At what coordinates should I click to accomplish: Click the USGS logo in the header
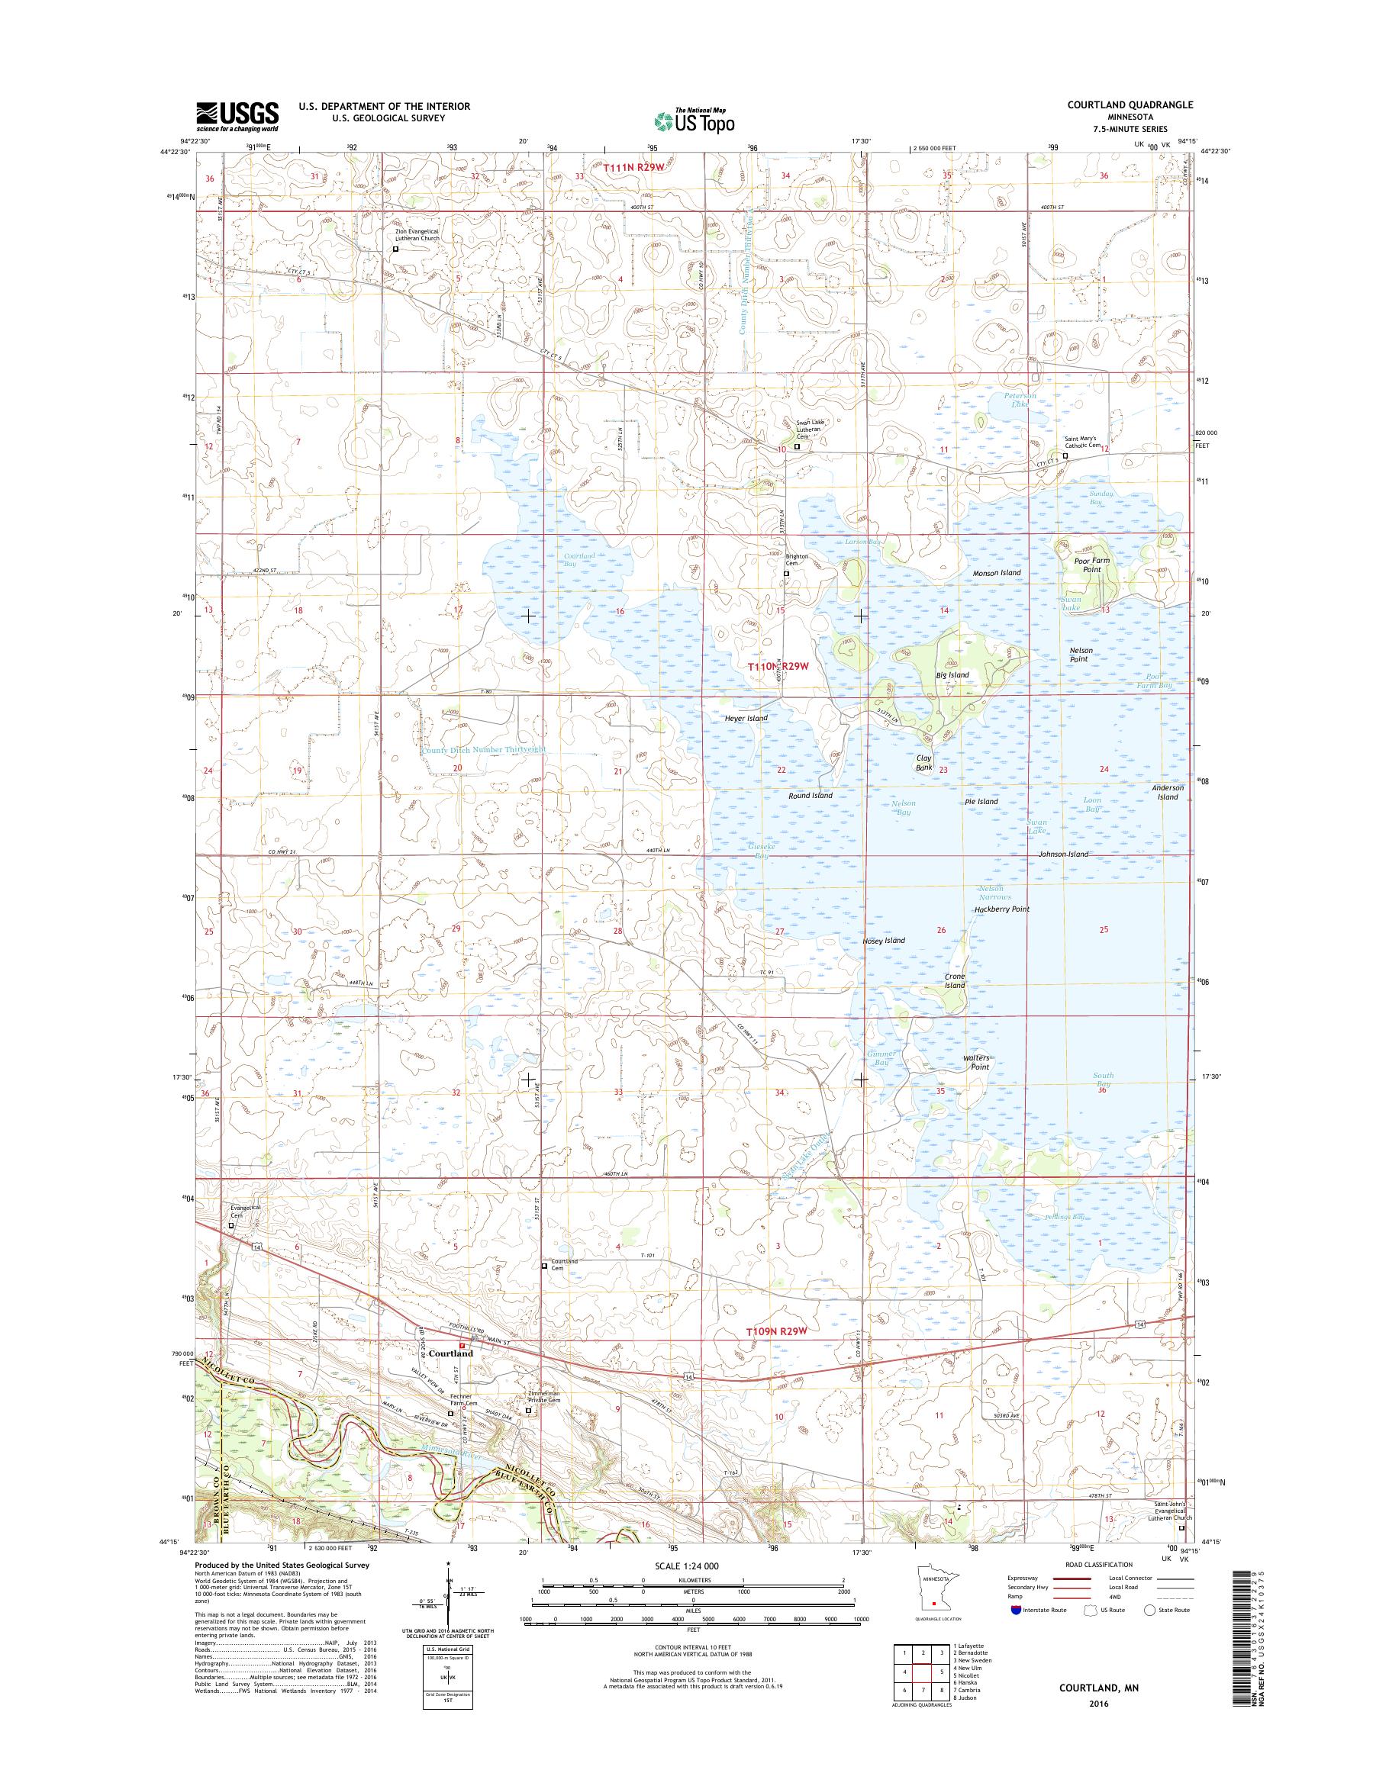(237, 117)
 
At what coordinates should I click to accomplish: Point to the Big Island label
(952, 675)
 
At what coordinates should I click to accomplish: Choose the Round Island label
(810, 795)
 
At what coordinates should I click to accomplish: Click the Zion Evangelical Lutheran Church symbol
(396, 249)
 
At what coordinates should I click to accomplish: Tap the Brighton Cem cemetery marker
(785, 574)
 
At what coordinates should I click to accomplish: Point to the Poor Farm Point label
(1091, 565)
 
